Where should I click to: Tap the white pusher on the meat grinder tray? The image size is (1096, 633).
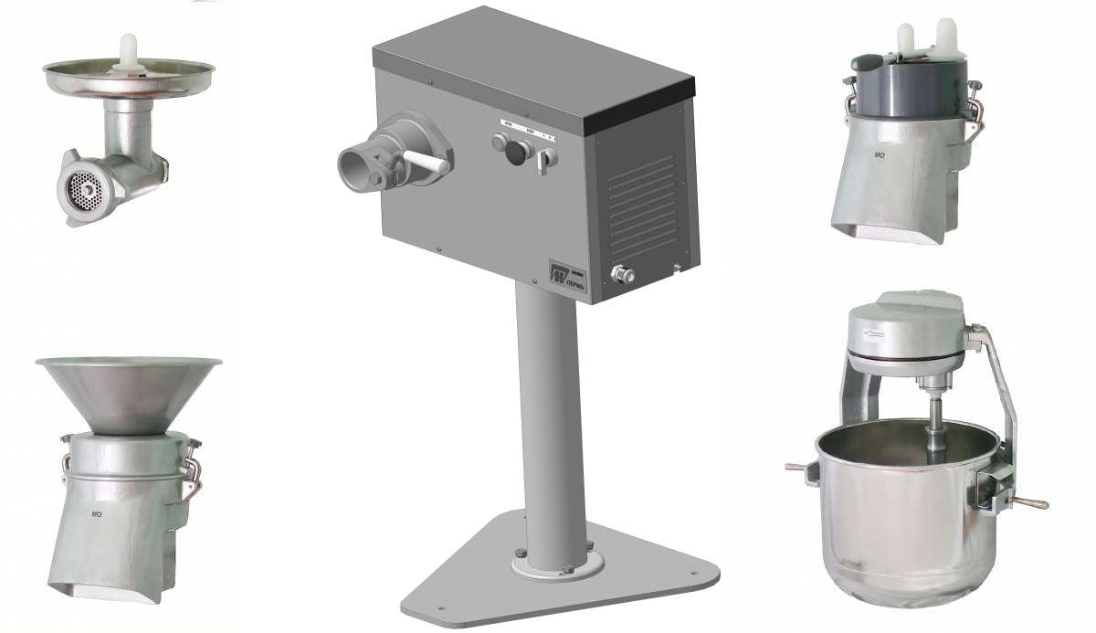pos(129,49)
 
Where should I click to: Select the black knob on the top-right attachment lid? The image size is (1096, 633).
pos(864,63)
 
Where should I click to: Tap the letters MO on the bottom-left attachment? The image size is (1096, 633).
pos(96,515)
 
